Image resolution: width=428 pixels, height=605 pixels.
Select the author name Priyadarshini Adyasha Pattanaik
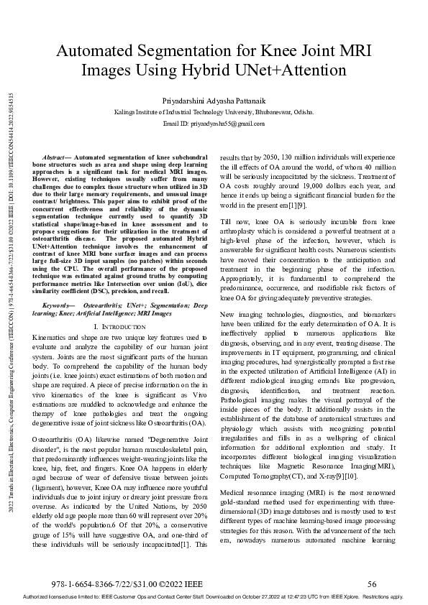(214, 100)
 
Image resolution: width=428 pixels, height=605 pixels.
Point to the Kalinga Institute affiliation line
(214, 113)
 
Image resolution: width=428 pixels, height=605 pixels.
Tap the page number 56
(372, 584)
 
